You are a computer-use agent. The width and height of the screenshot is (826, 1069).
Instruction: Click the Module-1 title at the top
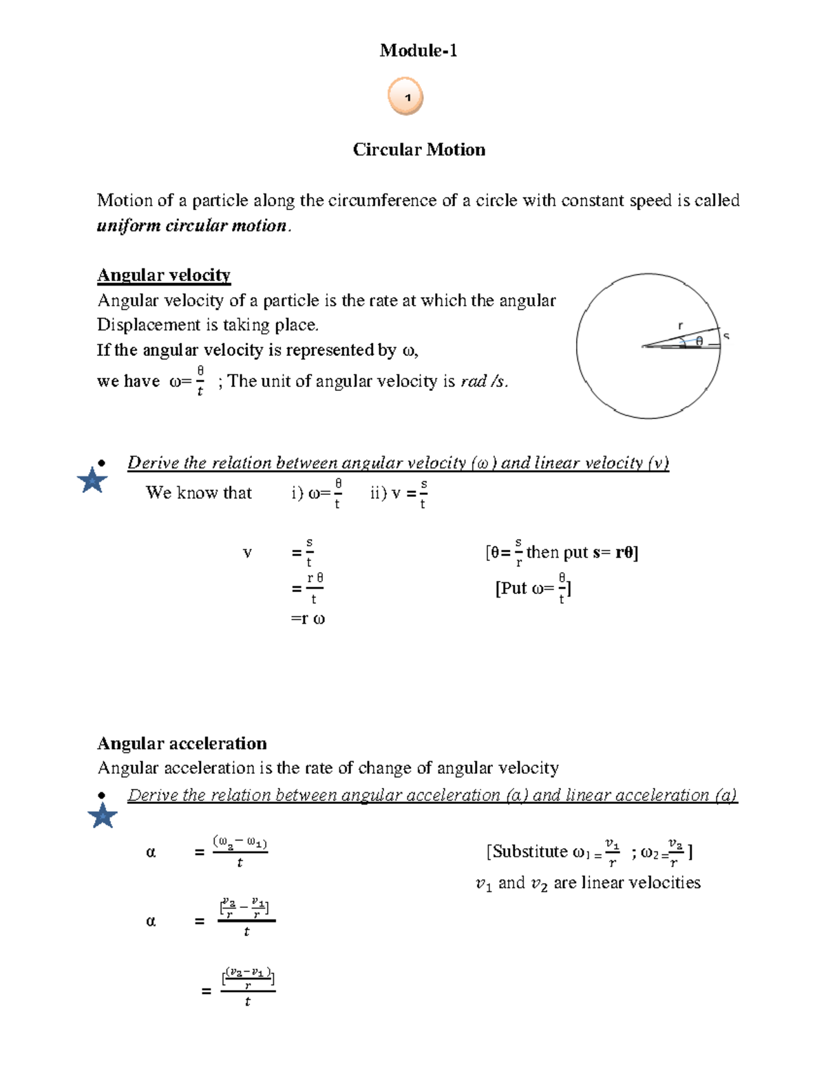click(418, 50)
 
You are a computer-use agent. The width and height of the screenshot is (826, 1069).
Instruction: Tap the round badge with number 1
click(405, 96)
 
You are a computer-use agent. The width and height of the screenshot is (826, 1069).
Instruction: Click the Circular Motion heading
click(419, 150)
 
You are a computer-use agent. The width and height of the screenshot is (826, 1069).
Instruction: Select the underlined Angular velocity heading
click(164, 275)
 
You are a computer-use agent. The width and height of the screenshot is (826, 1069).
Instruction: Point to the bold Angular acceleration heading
click(182, 743)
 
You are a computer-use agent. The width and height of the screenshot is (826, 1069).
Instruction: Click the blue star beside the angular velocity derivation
click(92, 480)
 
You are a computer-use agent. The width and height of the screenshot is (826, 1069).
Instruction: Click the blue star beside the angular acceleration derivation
click(103, 816)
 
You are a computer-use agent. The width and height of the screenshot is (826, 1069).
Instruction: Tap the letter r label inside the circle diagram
click(681, 326)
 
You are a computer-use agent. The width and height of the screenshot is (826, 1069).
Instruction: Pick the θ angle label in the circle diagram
click(699, 341)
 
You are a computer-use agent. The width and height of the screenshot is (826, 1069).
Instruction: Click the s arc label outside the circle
click(726, 337)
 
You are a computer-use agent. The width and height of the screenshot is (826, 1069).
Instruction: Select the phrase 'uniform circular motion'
click(192, 226)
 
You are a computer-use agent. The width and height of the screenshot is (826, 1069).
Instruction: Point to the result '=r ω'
click(308, 619)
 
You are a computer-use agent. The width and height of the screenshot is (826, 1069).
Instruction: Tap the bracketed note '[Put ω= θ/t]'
click(533, 589)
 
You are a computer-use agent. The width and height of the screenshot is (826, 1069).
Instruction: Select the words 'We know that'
click(199, 493)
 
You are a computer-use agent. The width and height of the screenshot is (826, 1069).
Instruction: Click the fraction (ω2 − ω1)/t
click(240, 851)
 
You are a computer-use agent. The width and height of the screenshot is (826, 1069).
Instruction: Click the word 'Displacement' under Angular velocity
click(144, 325)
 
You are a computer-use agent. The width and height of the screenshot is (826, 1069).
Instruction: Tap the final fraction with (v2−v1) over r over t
click(248, 988)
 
